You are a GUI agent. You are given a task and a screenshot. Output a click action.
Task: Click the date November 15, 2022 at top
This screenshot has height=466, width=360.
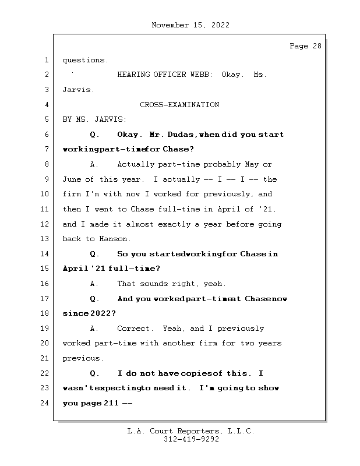click(x=190, y=25)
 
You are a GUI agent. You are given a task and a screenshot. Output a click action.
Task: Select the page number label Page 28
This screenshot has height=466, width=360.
click(x=305, y=47)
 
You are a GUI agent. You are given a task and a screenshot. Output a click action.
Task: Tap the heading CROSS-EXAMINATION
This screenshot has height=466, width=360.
click(x=179, y=105)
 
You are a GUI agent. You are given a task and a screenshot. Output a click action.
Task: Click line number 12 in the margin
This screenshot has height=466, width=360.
click(x=45, y=224)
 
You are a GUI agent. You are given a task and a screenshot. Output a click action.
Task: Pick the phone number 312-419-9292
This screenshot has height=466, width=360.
click(x=190, y=440)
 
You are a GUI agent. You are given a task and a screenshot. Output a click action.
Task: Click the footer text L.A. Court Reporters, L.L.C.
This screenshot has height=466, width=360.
click(x=190, y=432)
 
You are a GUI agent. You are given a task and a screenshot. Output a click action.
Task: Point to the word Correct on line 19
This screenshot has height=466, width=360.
click(x=134, y=329)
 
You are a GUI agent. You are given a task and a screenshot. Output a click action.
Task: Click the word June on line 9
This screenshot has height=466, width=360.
click(x=72, y=179)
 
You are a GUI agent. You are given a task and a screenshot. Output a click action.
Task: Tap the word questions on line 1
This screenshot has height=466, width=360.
click(x=84, y=60)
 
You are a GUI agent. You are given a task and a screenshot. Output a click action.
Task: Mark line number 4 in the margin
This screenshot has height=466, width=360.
click(x=45, y=105)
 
